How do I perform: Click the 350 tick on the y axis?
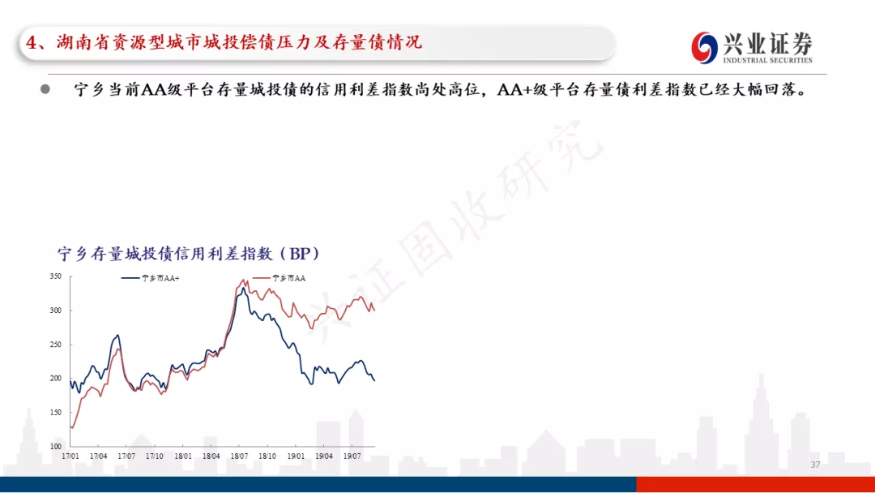(x=55, y=276)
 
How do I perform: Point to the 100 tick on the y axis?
(x=55, y=446)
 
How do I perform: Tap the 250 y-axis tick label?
(x=55, y=345)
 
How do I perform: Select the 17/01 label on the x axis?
(x=70, y=457)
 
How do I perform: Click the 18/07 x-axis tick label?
(x=239, y=457)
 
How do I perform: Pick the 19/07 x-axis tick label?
(x=352, y=457)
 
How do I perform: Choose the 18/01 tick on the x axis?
(x=183, y=457)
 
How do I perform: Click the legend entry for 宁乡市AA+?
(x=151, y=278)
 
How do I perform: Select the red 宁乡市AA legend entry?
(x=279, y=278)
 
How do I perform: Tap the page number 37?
(x=815, y=465)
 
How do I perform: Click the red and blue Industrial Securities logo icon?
(x=704, y=48)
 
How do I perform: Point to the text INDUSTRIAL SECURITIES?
(x=768, y=60)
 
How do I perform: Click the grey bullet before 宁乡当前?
(x=45, y=89)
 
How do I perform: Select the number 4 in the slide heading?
(x=32, y=42)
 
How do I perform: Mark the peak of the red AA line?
(x=243, y=280)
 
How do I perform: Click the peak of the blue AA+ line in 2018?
(x=242, y=289)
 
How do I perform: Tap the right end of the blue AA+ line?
(x=374, y=381)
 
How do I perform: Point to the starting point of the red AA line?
(x=70, y=427)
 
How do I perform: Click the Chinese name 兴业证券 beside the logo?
(x=768, y=43)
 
